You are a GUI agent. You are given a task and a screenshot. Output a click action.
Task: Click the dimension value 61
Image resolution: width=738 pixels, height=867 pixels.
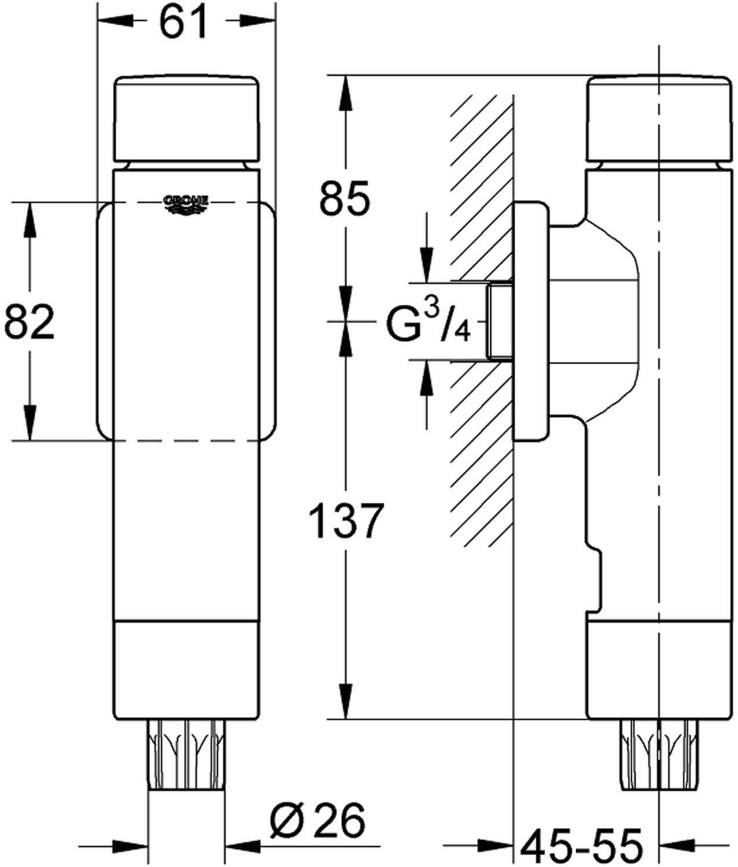point(183,21)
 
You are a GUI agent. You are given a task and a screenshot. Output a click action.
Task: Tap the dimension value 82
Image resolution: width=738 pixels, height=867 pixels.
point(29,322)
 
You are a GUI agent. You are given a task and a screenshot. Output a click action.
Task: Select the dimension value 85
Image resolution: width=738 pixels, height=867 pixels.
point(345,198)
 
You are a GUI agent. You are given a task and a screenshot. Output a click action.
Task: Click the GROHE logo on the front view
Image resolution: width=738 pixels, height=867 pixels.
point(186,205)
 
